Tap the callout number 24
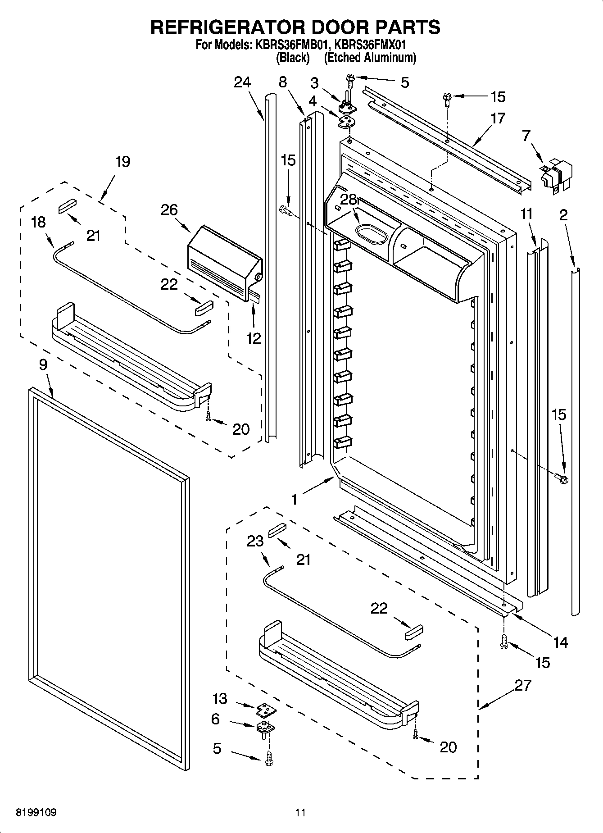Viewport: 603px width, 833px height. click(242, 82)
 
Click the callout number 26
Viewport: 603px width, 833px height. click(169, 210)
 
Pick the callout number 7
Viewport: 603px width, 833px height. click(526, 134)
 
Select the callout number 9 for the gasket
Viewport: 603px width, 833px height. click(43, 364)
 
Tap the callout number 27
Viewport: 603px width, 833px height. click(523, 686)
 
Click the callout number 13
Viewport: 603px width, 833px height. click(220, 699)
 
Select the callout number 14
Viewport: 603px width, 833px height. click(560, 642)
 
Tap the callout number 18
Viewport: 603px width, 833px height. click(39, 222)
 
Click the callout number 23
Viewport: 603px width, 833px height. click(255, 541)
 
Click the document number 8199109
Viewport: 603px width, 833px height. click(36, 813)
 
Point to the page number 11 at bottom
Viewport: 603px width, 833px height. click(300, 813)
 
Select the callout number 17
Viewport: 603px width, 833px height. click(498, 118)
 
